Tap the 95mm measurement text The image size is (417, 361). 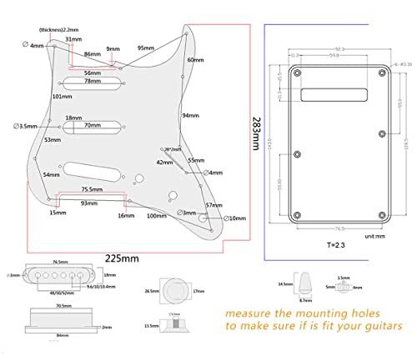(147, 48)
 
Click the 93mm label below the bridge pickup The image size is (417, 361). (88, 203)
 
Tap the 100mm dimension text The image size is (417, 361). (156, 216)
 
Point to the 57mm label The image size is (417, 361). (214, 204)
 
